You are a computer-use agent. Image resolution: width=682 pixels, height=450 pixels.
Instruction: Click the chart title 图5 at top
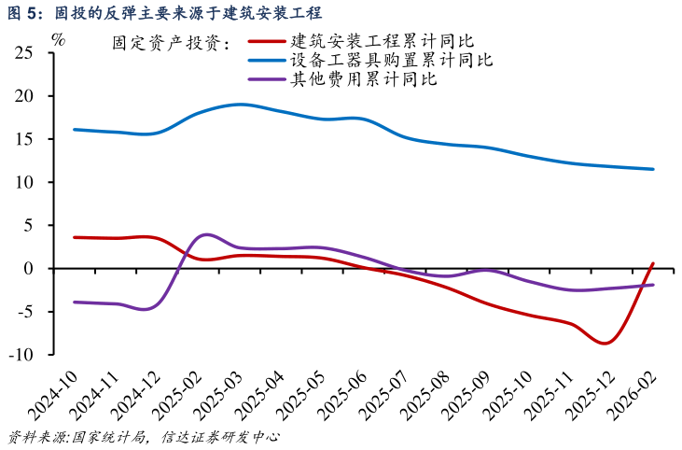tap(163, 12)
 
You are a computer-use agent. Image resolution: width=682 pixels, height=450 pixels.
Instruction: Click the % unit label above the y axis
tap(59, 39)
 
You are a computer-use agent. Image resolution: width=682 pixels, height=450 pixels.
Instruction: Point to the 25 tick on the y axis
tap(24, 53)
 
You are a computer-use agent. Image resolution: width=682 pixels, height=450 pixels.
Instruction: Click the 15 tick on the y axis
tap(24, 139)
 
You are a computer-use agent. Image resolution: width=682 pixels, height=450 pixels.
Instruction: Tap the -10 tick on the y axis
tap(21, 355)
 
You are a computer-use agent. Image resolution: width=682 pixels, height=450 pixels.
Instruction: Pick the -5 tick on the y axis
tap(25, 312)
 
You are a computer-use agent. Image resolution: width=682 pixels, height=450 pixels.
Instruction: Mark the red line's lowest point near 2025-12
tap(605, 343)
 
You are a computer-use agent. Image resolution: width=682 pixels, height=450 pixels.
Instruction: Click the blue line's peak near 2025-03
tap(241, 105)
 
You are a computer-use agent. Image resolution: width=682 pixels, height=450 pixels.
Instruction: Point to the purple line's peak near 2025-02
tap(206, 234)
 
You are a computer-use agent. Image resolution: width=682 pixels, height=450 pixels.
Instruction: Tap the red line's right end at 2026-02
tap(653, 263)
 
